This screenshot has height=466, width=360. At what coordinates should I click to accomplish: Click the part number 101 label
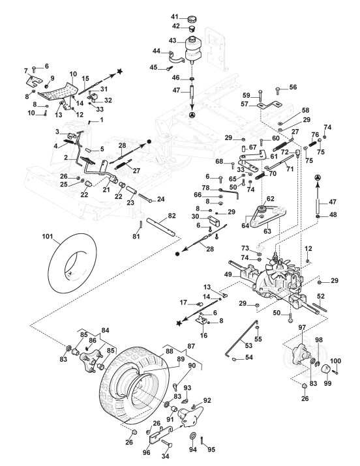(47, 237)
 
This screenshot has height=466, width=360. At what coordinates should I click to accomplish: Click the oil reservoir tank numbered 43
(192, 48)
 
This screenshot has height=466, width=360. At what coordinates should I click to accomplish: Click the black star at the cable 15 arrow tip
(119, 71)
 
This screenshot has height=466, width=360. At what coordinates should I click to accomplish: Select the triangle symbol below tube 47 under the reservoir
(192, 115)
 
